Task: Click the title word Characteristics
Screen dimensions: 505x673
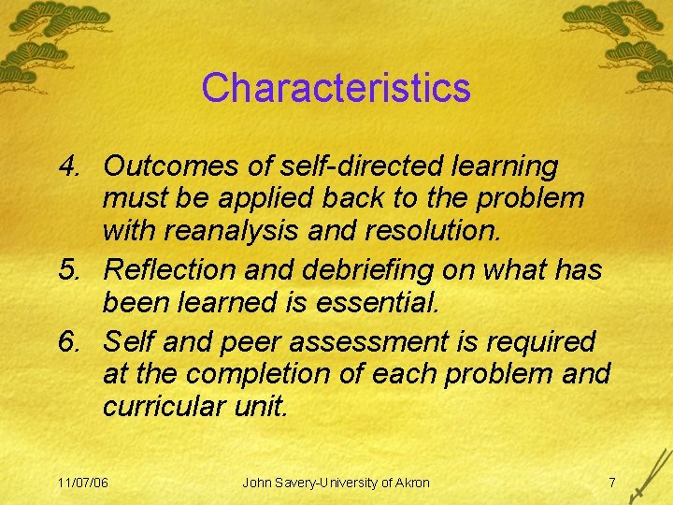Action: (x=336, y=88)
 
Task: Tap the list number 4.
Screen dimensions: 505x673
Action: (x=67, y=166)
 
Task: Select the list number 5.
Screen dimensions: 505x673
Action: (x=67, y=269)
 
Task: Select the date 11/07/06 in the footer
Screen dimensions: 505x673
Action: (x=82, y=483)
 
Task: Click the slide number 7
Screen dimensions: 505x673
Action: (x=611, y=483)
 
